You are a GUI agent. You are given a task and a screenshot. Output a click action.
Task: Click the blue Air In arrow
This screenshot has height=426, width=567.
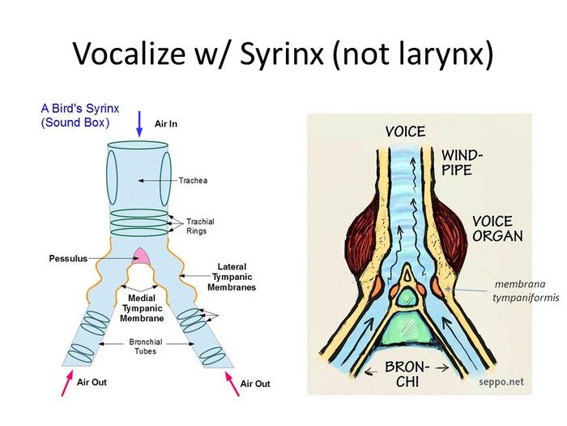click(139, 124)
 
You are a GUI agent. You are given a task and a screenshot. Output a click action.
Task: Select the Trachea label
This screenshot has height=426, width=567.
click(193, 180)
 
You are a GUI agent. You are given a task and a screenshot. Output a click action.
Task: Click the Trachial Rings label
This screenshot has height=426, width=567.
click(200, 226)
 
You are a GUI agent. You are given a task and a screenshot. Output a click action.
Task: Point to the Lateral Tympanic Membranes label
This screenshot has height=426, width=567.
click(232, 278)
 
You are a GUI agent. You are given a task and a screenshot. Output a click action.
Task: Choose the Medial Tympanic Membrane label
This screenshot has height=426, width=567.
click(142, 308)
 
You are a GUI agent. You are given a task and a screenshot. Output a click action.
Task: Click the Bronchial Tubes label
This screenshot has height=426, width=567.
click(145, 346)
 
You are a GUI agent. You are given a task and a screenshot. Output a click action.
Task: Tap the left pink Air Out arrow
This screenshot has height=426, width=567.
click(67, 382)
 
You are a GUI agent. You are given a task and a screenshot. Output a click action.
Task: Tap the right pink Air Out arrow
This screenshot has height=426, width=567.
click(232, 384)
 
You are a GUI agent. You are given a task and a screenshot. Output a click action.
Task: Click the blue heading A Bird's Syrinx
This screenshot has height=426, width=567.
click(80, 108)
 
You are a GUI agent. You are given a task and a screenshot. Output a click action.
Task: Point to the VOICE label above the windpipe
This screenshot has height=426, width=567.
click(405, 131)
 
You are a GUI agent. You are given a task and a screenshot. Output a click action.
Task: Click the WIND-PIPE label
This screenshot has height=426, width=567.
click(462, 163)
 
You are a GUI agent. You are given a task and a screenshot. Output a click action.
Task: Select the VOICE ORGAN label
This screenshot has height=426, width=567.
click(497, 229)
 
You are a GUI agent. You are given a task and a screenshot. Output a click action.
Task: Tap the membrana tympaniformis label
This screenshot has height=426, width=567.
click(525, 290)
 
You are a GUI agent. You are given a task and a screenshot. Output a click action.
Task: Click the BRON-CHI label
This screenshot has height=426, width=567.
click(407, 374)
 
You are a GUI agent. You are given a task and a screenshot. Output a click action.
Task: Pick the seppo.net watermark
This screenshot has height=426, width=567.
click(501, 382)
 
